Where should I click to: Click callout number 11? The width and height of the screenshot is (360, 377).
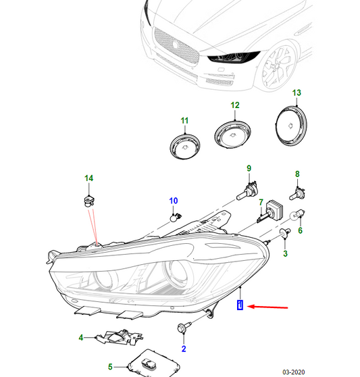click(x=183, y=121)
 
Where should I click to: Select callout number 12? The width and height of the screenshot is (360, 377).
click(x=234, y=105)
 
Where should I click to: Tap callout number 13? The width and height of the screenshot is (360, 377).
click(x=296, y=92)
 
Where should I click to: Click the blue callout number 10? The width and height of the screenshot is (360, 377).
click(x=173, y=201)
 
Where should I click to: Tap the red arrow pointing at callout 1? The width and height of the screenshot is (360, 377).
click(x=269, y=307)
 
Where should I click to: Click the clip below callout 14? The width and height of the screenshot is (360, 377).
click(x=87, y=200)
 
